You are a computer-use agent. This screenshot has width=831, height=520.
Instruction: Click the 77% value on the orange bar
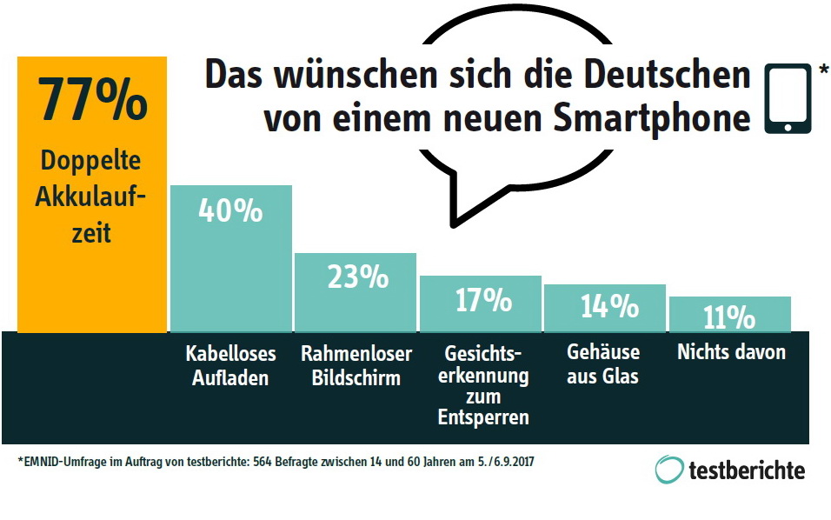[91, 100]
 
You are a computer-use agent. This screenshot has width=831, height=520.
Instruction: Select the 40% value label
[230, 210]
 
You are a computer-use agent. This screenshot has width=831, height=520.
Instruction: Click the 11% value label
[729, 317]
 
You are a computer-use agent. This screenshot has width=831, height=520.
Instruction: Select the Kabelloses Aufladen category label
[230, 365]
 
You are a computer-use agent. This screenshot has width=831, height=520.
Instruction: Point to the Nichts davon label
[731, 352]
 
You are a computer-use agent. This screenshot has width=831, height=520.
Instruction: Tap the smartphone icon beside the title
[788, 97]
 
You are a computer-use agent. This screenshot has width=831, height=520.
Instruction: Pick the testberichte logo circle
[669, 470]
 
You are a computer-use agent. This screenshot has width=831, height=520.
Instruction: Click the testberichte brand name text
[746, 470]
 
